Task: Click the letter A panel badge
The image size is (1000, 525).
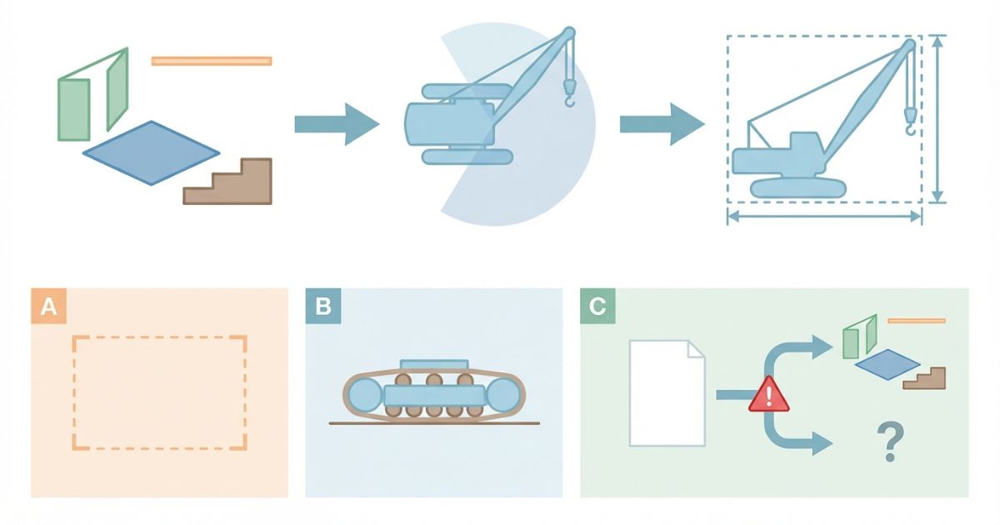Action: (48, 307)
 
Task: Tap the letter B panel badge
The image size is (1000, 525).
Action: (323, 307)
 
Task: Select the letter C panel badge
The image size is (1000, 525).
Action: (597, 307)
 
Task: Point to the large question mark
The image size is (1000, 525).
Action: (890, 442)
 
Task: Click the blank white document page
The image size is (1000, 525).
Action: (667, 392)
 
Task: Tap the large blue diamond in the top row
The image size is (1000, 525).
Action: (151, 152)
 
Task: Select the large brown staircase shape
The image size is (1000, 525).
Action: (234, 184)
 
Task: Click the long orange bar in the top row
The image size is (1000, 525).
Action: (212, 61)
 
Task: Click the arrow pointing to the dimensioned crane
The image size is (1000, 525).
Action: (661, 124)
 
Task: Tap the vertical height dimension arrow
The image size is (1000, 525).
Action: (938, 119)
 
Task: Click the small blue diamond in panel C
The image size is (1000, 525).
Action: (887, 364)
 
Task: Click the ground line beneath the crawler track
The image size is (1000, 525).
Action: (433, 423)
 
